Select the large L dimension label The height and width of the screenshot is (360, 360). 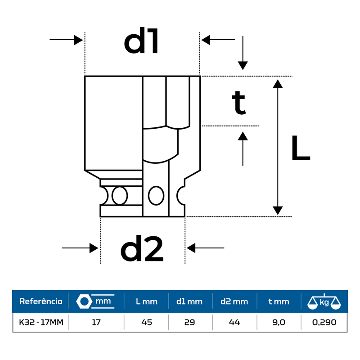pos(300,148)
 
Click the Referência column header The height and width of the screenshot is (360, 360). pos(40,301)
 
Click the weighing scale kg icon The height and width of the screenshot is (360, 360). pos(324,301)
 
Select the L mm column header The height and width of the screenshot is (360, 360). pos(147,301)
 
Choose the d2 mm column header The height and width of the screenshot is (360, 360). pos(234,301)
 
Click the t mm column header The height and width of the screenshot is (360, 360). pos(279,301)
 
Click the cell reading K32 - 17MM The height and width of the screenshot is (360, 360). pos(40,322)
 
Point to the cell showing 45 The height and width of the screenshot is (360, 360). pos(147,322)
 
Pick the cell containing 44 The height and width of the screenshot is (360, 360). pos(234,322)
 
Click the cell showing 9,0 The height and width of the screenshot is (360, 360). pos(279,322)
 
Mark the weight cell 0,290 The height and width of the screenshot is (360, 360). pos(324,322)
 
